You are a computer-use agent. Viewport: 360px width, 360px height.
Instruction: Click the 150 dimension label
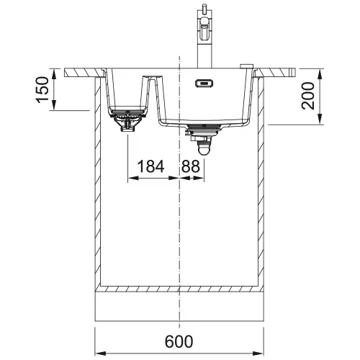click(x=42, y=90)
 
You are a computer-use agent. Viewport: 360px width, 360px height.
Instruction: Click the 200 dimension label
click(x=308, y=96)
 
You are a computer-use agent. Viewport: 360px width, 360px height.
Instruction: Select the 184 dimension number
click(x=150, y=166)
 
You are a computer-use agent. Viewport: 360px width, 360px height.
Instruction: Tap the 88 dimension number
click(x=191, y=166)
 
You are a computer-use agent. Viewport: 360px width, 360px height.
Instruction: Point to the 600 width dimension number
click(x=179, y=341)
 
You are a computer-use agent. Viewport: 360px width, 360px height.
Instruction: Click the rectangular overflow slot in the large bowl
click(x=204, y=84)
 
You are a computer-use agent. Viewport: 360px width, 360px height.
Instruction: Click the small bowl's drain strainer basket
click(x=127, y=120)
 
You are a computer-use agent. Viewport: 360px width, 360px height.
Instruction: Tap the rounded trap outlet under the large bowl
click(x=204, y=148)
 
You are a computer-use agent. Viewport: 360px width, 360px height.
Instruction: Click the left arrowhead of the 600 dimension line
click(x=100, y=354)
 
